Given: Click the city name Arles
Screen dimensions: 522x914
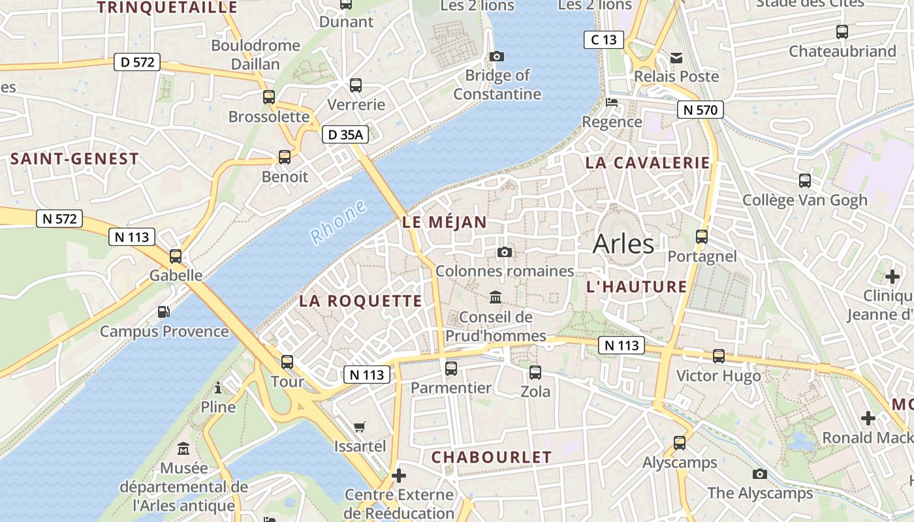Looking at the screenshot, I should click(x=623, y=244).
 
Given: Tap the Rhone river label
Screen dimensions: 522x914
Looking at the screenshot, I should click(x=338, y=223).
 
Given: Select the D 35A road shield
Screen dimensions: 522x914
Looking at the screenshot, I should click(x=345, y=135).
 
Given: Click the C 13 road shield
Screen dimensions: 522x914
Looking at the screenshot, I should click(x=603, y=40).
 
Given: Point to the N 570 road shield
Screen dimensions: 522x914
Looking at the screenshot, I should click(x=701, y=110).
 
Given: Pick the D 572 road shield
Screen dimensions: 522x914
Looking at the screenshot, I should click(x=137, y=62).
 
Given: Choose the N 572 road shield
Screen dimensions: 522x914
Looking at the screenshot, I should click(x=59, y=219).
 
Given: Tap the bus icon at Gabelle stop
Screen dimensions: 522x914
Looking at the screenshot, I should click(x=176, y=256).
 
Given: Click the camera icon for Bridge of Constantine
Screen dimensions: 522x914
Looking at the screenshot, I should click(x=497, y=56).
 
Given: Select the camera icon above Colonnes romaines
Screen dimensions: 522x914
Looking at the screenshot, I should click(x=504, y=252).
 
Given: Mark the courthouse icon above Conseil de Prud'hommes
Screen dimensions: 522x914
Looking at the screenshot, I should click(x=496, y=298).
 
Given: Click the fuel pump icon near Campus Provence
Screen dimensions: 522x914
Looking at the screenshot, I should click(x=164, y=313).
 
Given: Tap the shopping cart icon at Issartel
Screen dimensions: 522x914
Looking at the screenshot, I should click(x=359, y=427).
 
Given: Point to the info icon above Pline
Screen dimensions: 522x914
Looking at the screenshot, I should click(x=218, y=388).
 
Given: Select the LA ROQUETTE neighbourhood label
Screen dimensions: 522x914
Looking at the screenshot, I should click(x=360, y=301).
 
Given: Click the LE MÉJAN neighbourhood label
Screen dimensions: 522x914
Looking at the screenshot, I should click(x=445, y=222).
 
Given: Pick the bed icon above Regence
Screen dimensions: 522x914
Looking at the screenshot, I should click(x=612, y=102).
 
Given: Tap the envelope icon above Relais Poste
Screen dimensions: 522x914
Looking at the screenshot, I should click(x=676, y=58).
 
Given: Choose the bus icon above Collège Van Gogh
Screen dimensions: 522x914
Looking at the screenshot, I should click(x=805, y=181).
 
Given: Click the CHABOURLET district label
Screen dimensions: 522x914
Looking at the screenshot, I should click(x=492, y=457).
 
